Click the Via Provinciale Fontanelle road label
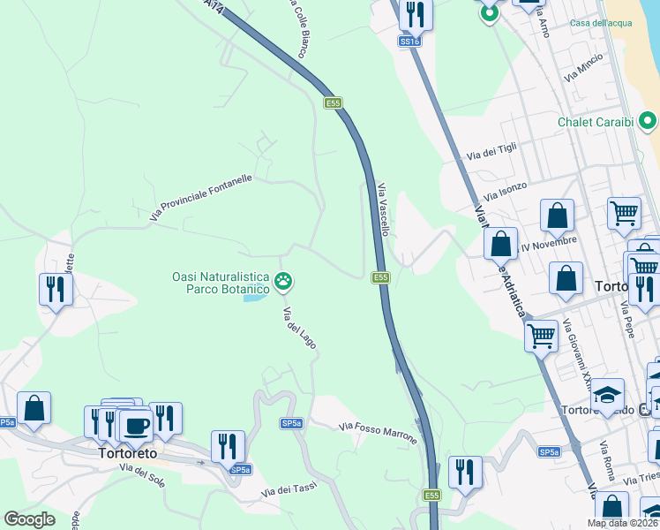(x=202, y=197)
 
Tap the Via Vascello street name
(x=383, y=208)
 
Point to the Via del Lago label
(x=299, y=328)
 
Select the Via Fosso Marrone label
(x=379, y=428)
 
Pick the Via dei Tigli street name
(x=492, y=152)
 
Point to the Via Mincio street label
(x=582, y=68)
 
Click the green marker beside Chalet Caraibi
(x=649, y=121)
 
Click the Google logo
(x=29, y=519)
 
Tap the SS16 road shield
(x=409, y=41)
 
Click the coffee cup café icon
(x=136, y=427)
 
